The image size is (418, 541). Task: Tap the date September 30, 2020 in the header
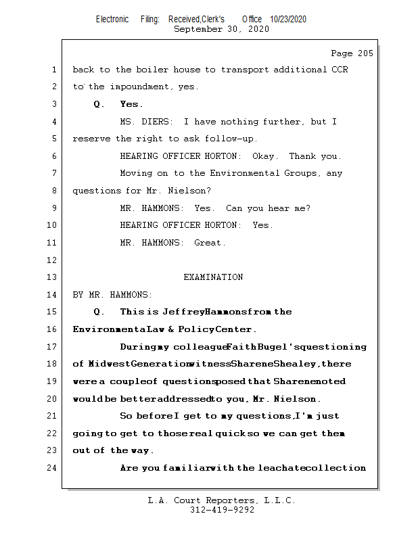(221, 29)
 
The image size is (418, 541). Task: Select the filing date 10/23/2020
(287, 19)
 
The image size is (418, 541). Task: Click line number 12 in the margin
(53, 260)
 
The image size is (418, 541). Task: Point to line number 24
(53, 467)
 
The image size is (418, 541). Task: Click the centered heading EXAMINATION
(213, 277)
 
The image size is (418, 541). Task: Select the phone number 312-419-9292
(222, 510)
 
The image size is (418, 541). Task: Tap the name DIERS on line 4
(157, 122)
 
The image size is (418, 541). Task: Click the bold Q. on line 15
(99, 312)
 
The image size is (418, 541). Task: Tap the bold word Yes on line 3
(131, 104)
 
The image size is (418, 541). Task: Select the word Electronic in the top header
(112, 19)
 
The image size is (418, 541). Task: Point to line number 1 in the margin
(53, 70)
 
